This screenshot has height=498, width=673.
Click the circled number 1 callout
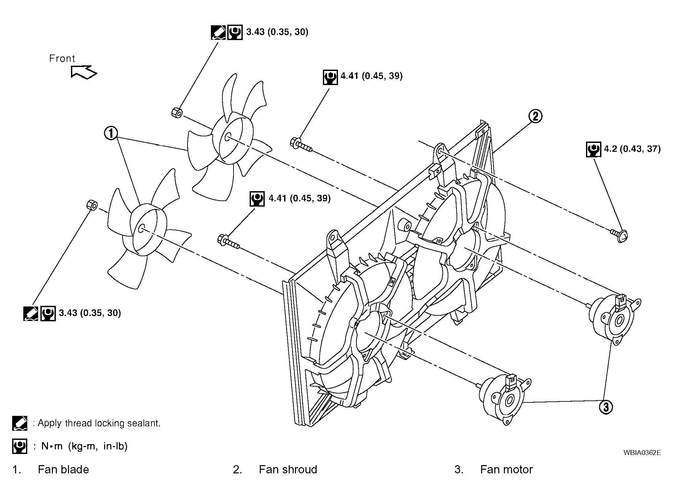coord(111,133)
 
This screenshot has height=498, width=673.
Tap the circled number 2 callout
coord(535,116)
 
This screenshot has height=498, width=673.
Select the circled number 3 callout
coord(606,407)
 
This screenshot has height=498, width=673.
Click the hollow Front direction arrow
coord(84,72)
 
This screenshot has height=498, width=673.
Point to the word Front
coord(62,58)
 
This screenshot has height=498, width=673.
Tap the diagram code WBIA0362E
coord(642,452)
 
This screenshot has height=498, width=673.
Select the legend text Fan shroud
coord(288,469)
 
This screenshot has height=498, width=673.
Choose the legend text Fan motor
coord(506,469)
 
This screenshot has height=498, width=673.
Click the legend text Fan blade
coord(63,469)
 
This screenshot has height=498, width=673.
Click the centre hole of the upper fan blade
coord(228,137)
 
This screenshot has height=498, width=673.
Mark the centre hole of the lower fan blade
coord(141,228)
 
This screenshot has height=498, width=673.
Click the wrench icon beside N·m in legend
coord(19,446)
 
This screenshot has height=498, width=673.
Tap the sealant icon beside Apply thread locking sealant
coord(19,423)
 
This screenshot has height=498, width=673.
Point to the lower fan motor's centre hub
coord(510,401)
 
